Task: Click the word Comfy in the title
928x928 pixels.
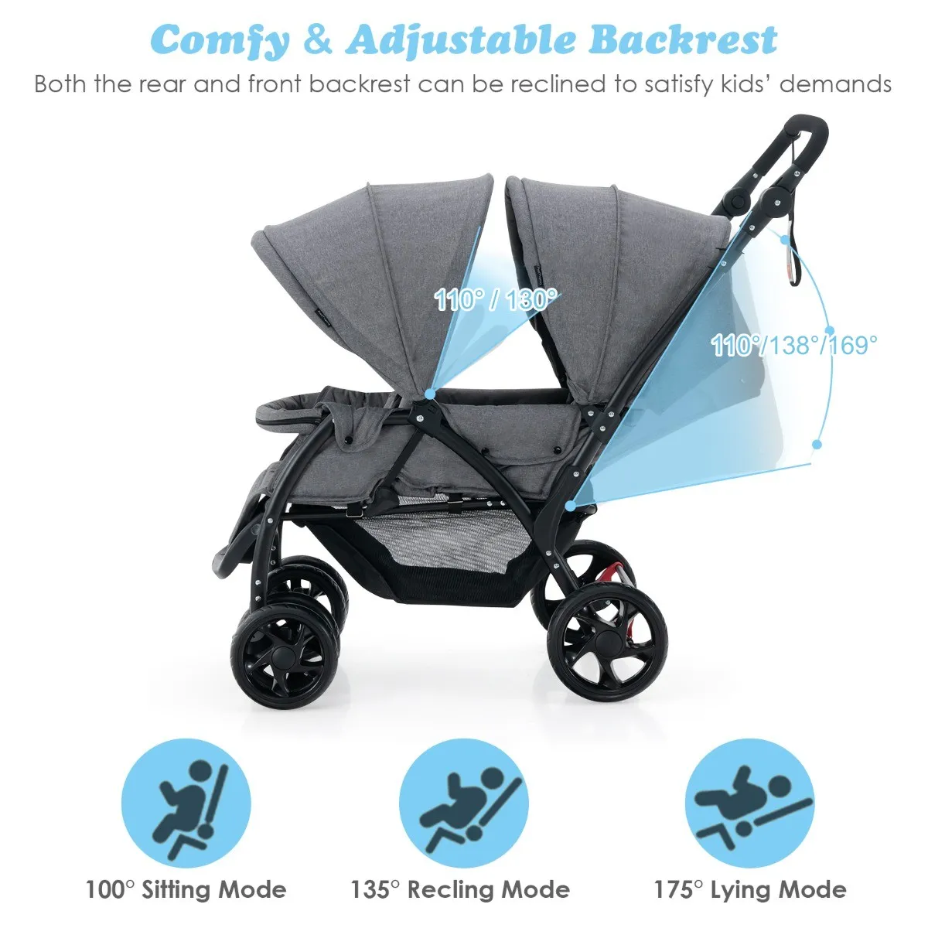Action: [x=223, y=40]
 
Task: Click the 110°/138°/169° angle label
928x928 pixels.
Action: [x=795, y=345]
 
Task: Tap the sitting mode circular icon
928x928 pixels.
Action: [x=186, y=803]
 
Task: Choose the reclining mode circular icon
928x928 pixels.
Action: [x=464, y=803]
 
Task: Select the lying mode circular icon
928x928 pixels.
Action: [x=750, y=803]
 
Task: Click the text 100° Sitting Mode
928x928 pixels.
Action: [x=186, y=890]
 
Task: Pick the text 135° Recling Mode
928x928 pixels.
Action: [x=460, y=890]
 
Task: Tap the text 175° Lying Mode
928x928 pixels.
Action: [x=750, y=890]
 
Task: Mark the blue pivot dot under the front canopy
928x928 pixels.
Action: [x=429, y=394]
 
